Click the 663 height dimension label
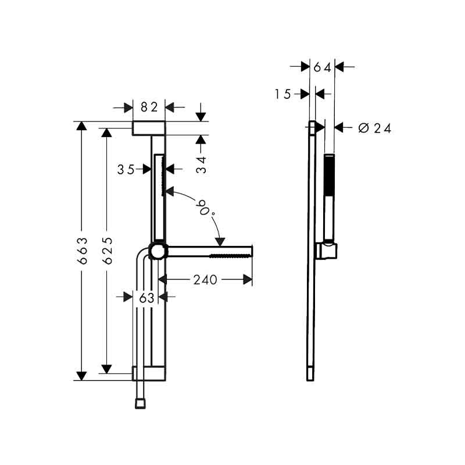pos(82,251)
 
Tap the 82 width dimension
pos(149,107)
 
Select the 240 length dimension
pos(205,280)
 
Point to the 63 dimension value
pos(147,298)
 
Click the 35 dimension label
pos(126,170)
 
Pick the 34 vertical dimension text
pos(201,165)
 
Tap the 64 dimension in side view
pos(323,68)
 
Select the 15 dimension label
pos(283,94)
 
